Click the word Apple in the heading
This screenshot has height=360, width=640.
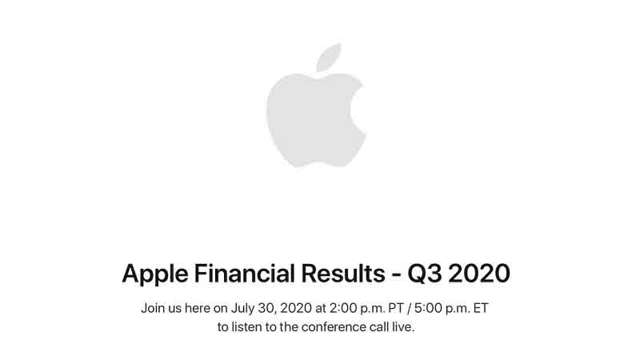pyautogui.click(x=152, y=274)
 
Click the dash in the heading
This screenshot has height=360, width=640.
pyautogui.click(x=390, y=274)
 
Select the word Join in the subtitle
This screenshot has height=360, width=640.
pyautogui.click(x=152, y=308)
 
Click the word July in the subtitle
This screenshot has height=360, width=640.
pyautogui.click(x=245, y=308)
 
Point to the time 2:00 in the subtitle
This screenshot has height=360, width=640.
pyautogui.click(x=347, y=308)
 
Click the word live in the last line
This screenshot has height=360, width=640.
pyautogui.click(x=405, y=327)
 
